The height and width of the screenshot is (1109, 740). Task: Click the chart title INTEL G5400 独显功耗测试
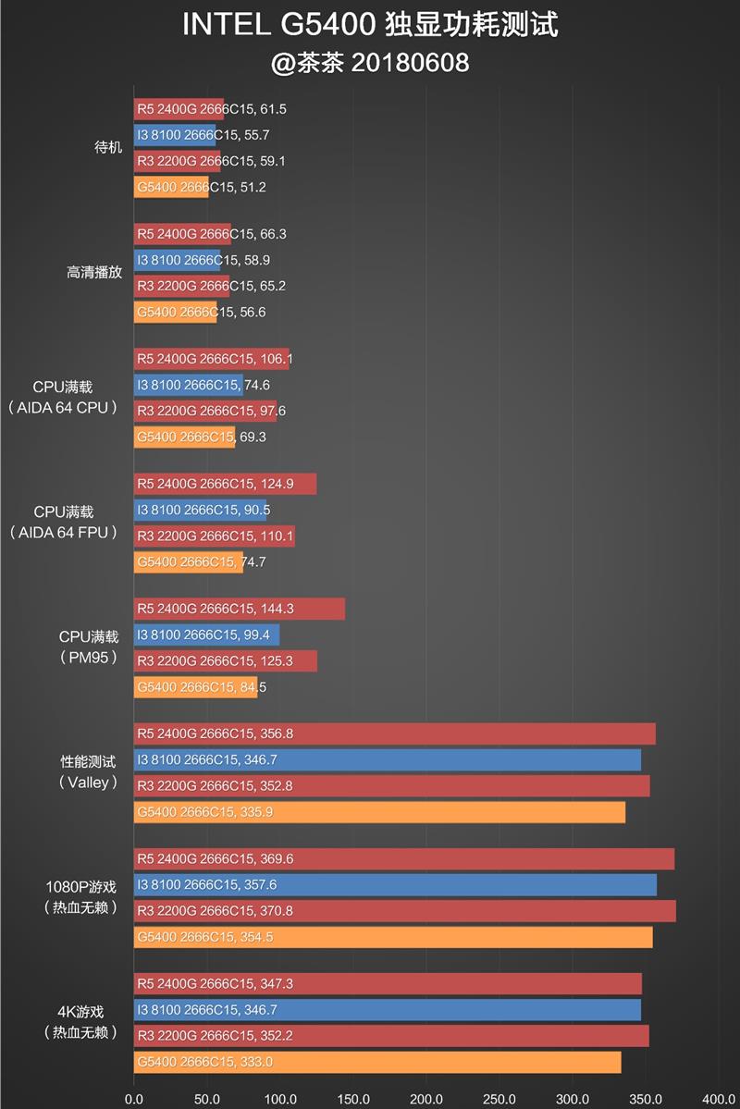click(370, 26)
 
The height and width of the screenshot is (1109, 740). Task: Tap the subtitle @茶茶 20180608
click(370, 63)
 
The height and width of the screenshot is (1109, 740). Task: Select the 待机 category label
click(108, 148)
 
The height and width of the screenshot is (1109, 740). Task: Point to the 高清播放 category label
click(94, 273)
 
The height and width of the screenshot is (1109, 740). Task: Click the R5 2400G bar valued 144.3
click(239, 609)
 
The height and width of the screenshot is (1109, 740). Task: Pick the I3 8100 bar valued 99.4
click(206, 635)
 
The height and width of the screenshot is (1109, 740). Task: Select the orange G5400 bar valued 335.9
click(379, 812)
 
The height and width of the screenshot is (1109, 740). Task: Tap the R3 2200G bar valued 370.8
click(404, 911)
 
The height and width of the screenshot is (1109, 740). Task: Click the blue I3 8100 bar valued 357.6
click(395, 885)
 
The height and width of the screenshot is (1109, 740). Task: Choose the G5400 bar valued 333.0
click(377, 1062)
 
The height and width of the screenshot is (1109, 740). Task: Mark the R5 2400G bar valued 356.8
click(394, 733)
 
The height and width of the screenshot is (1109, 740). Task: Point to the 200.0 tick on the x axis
click(426, 1100)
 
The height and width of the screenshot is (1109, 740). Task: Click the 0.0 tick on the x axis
click(134, 1100)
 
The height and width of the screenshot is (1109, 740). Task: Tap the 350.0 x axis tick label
click(646, 1100)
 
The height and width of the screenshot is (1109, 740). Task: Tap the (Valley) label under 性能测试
click(89, 782)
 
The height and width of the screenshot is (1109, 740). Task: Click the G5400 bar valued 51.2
click(171, 187)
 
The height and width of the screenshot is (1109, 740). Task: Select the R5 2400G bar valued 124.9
click(225, 484)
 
